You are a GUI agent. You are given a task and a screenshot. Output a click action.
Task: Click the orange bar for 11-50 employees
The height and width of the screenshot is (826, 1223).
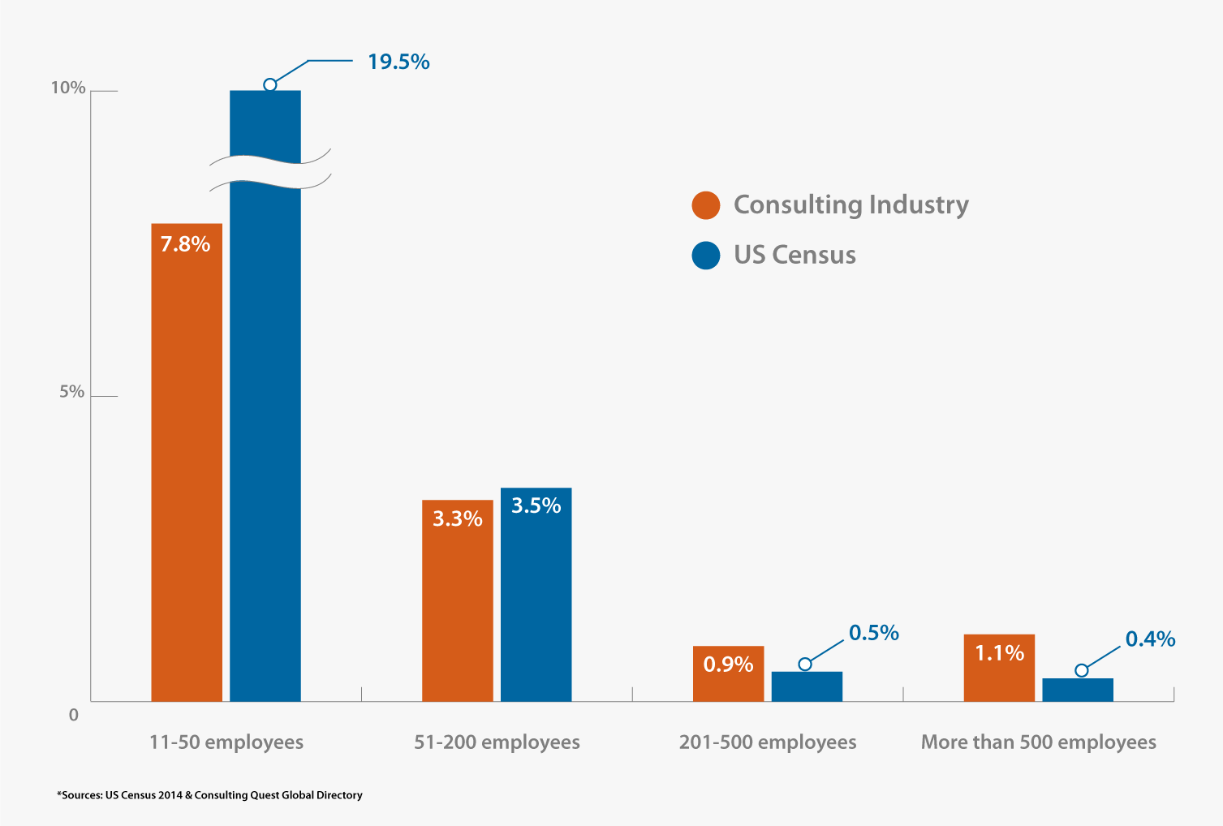187,471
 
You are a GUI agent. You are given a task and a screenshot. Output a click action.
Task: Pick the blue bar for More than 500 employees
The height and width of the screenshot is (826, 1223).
1078,690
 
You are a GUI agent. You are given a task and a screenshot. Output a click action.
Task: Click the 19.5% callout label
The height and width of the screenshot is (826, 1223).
398,62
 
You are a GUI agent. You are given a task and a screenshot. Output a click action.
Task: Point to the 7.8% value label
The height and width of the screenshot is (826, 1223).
185,244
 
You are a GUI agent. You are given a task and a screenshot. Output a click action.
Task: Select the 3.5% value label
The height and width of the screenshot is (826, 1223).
536,505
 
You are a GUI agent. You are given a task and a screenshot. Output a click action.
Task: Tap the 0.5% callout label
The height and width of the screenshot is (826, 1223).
874,633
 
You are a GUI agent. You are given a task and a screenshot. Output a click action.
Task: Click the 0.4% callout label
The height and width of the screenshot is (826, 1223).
1150,639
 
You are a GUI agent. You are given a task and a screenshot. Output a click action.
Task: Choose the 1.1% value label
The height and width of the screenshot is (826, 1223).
999,653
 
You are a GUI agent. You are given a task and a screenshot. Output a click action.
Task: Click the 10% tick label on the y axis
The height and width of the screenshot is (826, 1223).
68,88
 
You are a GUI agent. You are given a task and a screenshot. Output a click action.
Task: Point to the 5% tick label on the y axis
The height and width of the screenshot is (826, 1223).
71,392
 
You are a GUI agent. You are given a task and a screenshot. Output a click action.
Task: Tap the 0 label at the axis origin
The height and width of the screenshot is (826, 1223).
74,715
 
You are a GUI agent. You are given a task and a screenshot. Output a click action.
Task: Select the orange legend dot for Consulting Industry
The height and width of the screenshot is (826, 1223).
706,205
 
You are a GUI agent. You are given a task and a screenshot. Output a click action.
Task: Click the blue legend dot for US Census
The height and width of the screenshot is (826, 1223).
706,255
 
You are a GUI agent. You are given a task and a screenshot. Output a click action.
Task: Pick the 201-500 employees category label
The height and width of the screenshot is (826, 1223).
768,742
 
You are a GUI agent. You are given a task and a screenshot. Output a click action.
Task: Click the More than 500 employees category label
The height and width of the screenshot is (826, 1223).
1038,742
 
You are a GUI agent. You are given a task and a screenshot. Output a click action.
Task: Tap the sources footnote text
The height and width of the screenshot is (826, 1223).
209,795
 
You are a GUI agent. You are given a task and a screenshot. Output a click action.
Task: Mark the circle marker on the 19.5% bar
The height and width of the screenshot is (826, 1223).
270,84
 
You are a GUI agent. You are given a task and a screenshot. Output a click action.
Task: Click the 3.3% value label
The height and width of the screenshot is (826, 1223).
457,518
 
